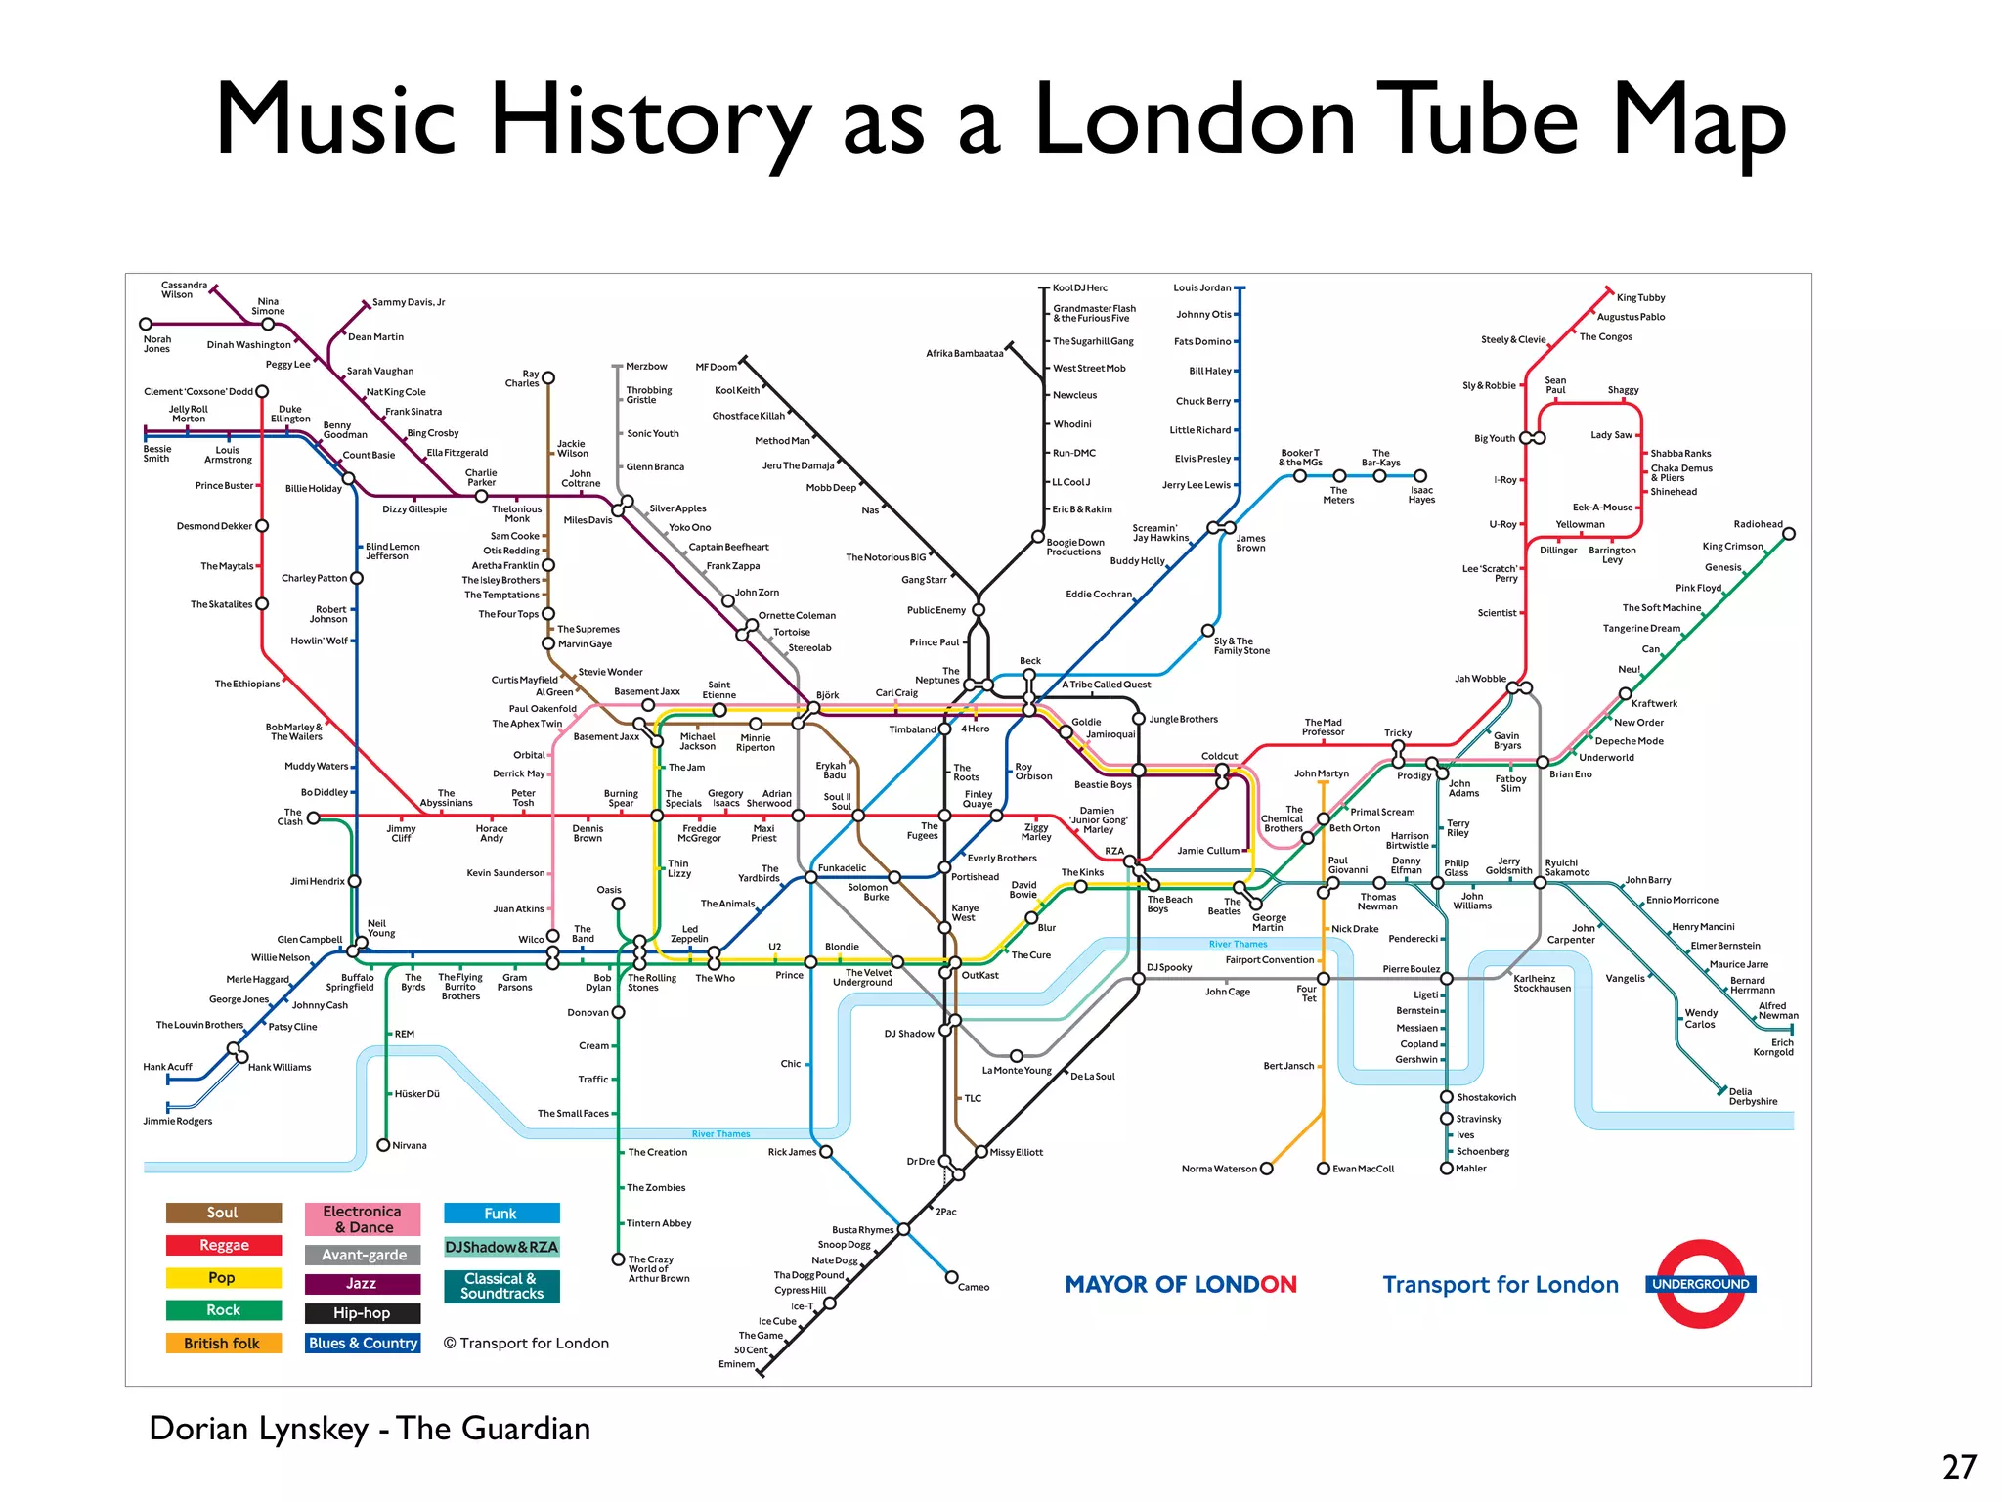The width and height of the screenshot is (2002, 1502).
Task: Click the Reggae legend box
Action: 224,1245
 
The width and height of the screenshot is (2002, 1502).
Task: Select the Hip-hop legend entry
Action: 362,1313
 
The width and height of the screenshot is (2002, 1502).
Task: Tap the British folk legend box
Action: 223,1344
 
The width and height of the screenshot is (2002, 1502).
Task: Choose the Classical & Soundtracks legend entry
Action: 501,1286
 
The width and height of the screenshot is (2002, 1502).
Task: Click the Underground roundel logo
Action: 1701,1284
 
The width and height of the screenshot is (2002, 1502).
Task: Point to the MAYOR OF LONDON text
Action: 1181,1284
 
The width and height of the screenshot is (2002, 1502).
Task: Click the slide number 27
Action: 1959,1467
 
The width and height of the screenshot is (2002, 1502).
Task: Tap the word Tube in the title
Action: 1477,119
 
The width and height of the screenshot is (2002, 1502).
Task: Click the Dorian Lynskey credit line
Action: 370,1429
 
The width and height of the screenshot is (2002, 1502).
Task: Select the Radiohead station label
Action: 1758,524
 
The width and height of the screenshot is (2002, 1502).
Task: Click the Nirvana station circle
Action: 383,1145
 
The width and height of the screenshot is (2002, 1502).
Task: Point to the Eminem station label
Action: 737,1364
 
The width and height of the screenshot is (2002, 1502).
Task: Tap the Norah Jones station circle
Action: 146,324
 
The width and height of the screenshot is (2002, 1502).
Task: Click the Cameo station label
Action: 974,1287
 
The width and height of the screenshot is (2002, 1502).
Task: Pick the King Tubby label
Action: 1640,297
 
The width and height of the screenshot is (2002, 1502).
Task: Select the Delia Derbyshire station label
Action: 1753,1096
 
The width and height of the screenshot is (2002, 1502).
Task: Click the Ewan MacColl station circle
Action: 1324,1169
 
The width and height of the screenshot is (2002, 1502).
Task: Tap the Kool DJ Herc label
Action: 1079,287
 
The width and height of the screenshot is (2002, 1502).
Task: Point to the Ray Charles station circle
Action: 548,377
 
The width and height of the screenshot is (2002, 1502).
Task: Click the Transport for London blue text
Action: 1500,1284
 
